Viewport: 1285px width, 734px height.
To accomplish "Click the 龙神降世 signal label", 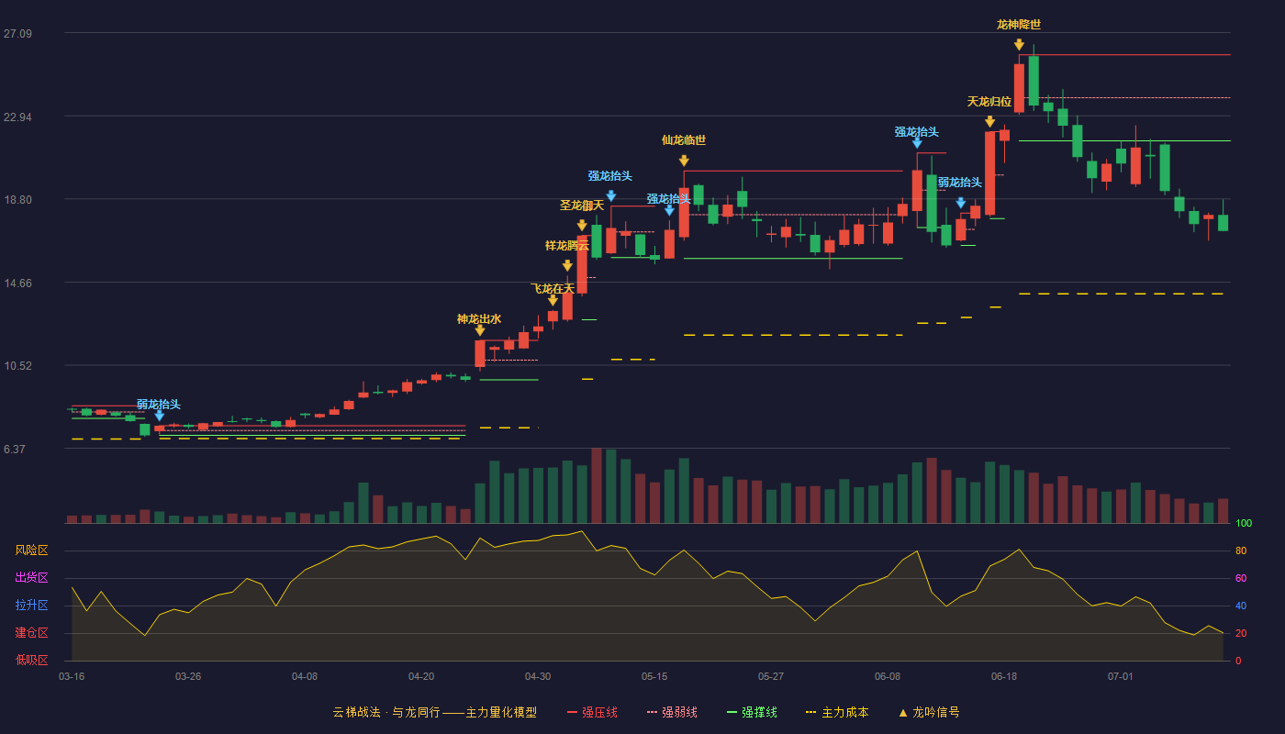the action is tap(1019, 25).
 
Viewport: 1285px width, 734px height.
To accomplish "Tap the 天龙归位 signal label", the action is tap(989, 102).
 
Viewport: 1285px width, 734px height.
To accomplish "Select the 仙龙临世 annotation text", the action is tap(684, 140).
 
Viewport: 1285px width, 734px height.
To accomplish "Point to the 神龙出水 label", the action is tap(479, 319).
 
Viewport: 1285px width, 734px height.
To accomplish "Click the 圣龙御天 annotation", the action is tap(582, 206).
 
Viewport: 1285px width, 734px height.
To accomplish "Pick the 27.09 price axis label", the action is tap(17, 34).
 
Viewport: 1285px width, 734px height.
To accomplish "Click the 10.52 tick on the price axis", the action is tap(17, 366).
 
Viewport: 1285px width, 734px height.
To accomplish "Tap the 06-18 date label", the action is tap(1004, 677).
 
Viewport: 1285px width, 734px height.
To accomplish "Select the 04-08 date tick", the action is tap(305, 677).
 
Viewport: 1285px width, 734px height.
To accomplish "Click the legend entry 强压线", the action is tap(593, 712).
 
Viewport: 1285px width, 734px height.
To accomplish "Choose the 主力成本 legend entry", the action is tap(837, 712).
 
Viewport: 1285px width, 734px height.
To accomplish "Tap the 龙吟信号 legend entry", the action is tap(929, 712).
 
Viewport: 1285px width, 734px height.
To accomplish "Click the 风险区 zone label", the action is tap(31, 550).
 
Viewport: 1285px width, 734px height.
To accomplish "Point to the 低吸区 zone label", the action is tap(31, 661).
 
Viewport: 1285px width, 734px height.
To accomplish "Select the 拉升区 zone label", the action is tap(31, 606).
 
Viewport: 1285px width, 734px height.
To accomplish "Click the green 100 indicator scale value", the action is tap(1244, 523).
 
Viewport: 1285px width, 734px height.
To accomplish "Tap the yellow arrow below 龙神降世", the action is tap(1019, 44).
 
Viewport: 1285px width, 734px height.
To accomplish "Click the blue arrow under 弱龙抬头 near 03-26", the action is tap(160, 415).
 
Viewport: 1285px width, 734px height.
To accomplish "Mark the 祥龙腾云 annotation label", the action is tap(567, 246).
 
